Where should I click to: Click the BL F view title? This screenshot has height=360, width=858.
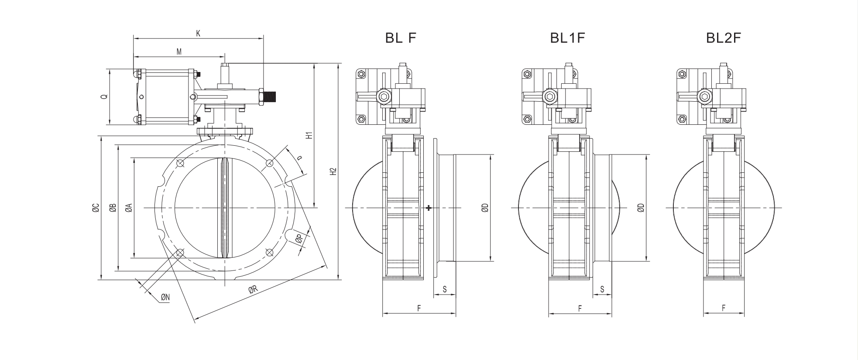click(x=401, y=38)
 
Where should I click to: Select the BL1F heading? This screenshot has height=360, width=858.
click(x=567, y=38)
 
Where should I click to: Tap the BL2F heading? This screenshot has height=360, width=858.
click(x=724, y=38)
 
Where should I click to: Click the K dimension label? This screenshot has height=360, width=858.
click(x=198, y=33)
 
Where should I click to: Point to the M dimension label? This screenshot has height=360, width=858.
click(x=179, y=51)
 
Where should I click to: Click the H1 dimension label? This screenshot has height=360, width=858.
click(x=309, y=135)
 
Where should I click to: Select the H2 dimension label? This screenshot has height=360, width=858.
click(x=333, y=171)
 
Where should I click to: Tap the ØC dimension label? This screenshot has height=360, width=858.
click(x=96, y=208)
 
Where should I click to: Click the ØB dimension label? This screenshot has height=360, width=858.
click(x=113, y=208)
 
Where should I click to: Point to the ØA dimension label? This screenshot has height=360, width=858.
click(x=128, y=208)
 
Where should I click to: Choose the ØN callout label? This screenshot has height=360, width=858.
click(x=165, y=298)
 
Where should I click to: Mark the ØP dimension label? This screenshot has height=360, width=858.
click(x=299, y=239)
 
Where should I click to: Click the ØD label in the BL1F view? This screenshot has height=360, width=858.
click(x=640, y=208)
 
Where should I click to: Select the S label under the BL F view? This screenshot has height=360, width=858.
click(x=444, y=289)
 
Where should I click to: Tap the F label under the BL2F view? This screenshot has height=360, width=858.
click(x=723, y=308)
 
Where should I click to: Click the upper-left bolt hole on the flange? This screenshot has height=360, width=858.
click(x=180, y=164)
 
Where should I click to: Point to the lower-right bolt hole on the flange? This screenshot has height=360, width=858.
click(x=269, y=252)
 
